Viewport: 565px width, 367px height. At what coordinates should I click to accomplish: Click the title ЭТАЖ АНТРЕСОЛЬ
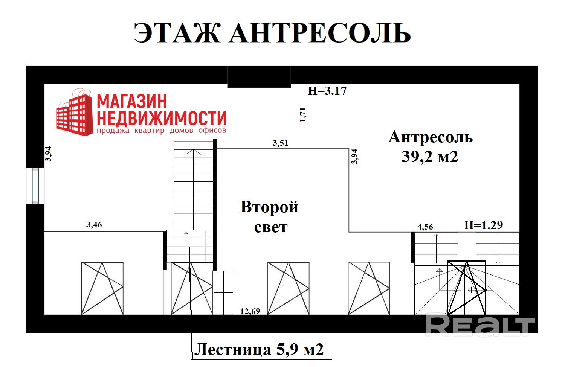pyautogui.click(x=272, y=33)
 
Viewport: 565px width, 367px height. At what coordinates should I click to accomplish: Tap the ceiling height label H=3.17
pyautogui.click(x=327, y=91)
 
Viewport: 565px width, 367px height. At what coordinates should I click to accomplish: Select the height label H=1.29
pyautogui.click(x=483, y=225)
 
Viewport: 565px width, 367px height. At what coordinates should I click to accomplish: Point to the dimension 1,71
pyautogui.click(x=303, y=115)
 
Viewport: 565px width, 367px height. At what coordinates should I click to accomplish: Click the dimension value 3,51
pyautogui.click(x=280, y=143)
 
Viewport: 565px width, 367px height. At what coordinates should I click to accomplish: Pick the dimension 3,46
pyautogui.click(x=94, y=225)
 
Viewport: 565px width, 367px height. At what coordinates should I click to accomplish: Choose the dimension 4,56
pyautogui.click(x=425, y=227)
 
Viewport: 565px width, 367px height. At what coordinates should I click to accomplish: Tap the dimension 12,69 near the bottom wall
pyautogui.click(x=250, y=311)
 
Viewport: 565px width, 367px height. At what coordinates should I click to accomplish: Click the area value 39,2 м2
pyautogui.click(x=430, y=157)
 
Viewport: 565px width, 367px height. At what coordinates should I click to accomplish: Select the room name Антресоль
pyautogui.click(x=431, y=137)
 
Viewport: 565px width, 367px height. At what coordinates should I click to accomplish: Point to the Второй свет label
pyautogui.click(x=270, y=217)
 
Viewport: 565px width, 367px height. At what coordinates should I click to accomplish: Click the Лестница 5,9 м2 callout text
pyautogui.click(x=259, y=349)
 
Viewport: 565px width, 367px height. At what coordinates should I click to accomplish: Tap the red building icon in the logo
pyautogui.click(x=75, y=113)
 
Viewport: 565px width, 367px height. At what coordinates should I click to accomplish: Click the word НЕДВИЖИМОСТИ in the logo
pyautogui.click(x=162, y=118)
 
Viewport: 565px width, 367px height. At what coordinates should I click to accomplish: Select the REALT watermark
pyautogui.click(x=480, y=325)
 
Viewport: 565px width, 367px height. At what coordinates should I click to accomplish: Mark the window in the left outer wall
pyautogui.click(x=35, y=186)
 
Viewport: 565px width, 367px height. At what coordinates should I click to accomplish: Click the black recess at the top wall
pyautogui.click(x=259, y=77)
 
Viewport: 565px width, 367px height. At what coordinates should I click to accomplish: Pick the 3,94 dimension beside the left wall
pyautogui.click(x=48, y=154)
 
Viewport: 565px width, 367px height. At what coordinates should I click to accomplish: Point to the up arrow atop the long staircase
pyautogui.click(x=193, y=152)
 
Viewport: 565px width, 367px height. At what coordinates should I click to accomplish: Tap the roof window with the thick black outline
pyautogui.click(x=466, y=288)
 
